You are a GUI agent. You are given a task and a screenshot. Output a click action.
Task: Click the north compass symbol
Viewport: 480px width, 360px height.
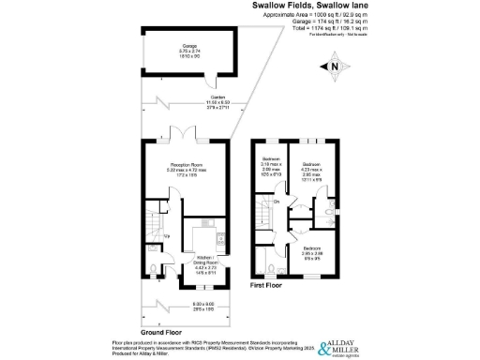pos(335,67)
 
